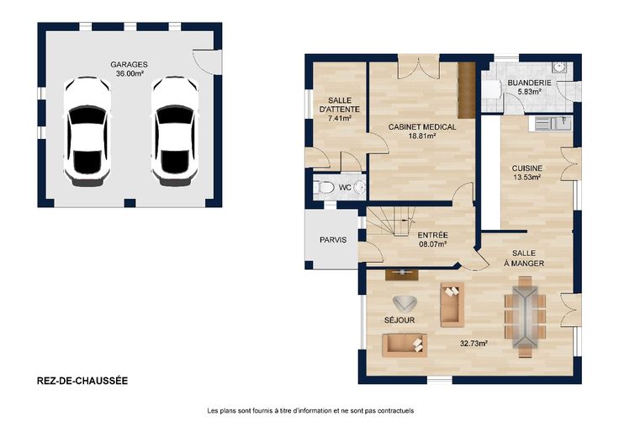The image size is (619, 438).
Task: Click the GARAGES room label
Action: point(129,64)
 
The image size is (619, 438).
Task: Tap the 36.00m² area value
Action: point(130,73)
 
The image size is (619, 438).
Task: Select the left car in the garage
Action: point(87,131)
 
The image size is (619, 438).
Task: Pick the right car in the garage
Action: point(174,131)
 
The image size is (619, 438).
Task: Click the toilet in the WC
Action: point(324,187)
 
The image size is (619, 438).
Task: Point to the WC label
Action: point(345,188)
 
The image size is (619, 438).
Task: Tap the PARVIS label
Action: point(333,240)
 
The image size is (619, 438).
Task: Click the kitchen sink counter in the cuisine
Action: point(553,123)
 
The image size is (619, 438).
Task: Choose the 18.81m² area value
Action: point(422,136)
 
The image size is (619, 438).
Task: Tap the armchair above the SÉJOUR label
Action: point(405,303)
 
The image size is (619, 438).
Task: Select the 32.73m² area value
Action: point(474,343)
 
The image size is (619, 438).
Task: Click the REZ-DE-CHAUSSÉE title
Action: point(82,381)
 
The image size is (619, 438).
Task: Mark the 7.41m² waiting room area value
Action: point(340,118)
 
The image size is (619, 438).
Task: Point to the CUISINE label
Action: point(527,168)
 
